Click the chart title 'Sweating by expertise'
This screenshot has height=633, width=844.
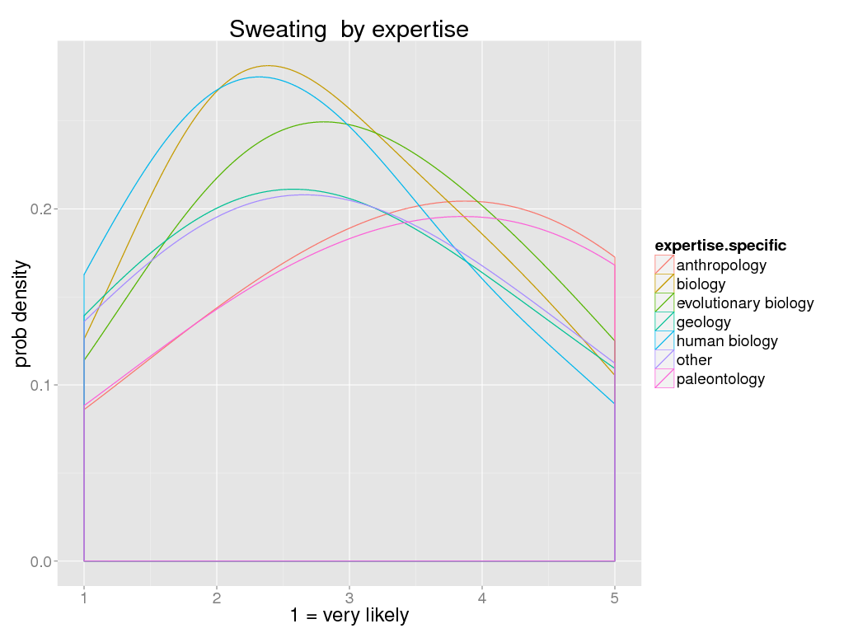coord(349,30)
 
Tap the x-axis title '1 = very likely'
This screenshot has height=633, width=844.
coord(349,615)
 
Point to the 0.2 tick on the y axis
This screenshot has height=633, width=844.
coord(41,209)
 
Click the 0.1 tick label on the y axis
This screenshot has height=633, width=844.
coord(41,386)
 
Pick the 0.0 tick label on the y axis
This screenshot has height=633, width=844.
coord(41,561)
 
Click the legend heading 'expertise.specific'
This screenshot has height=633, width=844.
coord(720,246)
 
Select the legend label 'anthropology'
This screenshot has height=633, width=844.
coord(721,265)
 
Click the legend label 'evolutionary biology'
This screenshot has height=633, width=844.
coord(744,303)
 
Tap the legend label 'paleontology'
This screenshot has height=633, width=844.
coord(720,379)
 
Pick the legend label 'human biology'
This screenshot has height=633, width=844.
coord(726,341)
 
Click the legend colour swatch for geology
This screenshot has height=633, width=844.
coord(664,322)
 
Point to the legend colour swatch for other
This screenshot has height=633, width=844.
coord(664,360)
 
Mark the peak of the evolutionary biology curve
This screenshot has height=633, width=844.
coord(323,122)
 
